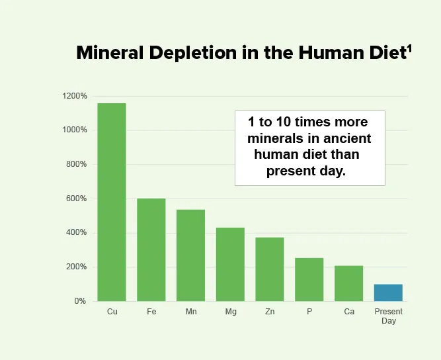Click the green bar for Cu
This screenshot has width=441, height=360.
coord(112,202)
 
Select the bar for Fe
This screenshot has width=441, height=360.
coord(151,249)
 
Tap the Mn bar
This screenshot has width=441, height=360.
coord(190,255)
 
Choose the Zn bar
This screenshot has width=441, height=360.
coord(270,269)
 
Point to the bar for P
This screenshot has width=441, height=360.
coord(309,279)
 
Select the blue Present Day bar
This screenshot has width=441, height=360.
coord(388,292)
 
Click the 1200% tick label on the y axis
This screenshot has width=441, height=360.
coord(75,96)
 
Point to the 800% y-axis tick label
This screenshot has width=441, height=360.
coord(76,164)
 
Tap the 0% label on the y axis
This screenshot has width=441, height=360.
coord(79,301)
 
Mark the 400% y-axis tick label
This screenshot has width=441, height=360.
coord(76,233)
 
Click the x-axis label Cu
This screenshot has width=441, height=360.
coord(112,312)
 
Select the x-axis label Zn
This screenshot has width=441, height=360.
coord(270,312)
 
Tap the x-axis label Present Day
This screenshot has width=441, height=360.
coord(388,316)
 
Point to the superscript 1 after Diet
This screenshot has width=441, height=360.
coord(410,48)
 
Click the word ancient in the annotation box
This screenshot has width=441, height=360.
coord(346,139)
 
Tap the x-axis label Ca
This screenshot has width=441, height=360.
coord(348,312)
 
